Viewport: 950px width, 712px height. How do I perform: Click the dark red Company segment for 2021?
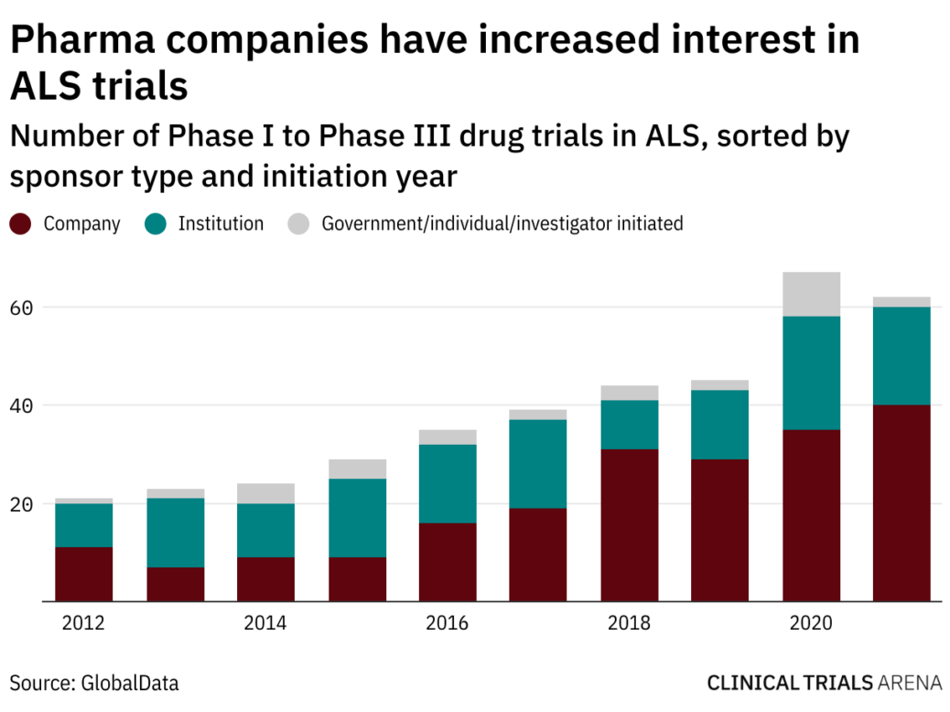pyautogui.click(x=901, y=502)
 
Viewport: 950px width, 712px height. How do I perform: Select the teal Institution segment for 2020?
pyautogui.click(x=811, y=372)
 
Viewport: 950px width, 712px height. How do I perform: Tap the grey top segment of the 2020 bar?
pyautogui.click(x=811, y=294)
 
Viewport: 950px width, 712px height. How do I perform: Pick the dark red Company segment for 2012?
pyautogui.click(x=83, y=574)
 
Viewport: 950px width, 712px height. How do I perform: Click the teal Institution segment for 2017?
pyautogui.click(x=538, y=463)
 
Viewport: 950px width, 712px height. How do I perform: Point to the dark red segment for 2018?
pyautogui.click(x=629, y=524)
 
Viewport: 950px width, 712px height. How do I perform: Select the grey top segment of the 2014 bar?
pyautogui.click(x=265, y=493)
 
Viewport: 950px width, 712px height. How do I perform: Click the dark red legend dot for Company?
pyautogui.click(x=22, y=223)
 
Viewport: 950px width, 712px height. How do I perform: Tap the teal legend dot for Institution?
pyautogui.click(x=156, y=223)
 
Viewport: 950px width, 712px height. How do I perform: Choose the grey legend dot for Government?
pyautogui.click(x=298, y=223)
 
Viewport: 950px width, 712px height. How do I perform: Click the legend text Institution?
pyautogui.click(x=221, y=223)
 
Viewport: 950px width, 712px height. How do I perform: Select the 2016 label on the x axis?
pyautogui.click(x=447, y=624)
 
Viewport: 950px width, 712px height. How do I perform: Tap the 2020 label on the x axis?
pyautogui.click(x=811, y=624)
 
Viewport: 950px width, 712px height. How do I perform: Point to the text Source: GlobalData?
pyautogui.click(x=94, y=683)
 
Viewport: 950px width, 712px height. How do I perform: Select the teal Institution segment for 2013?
pyautogui.click(x=175, y=533)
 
